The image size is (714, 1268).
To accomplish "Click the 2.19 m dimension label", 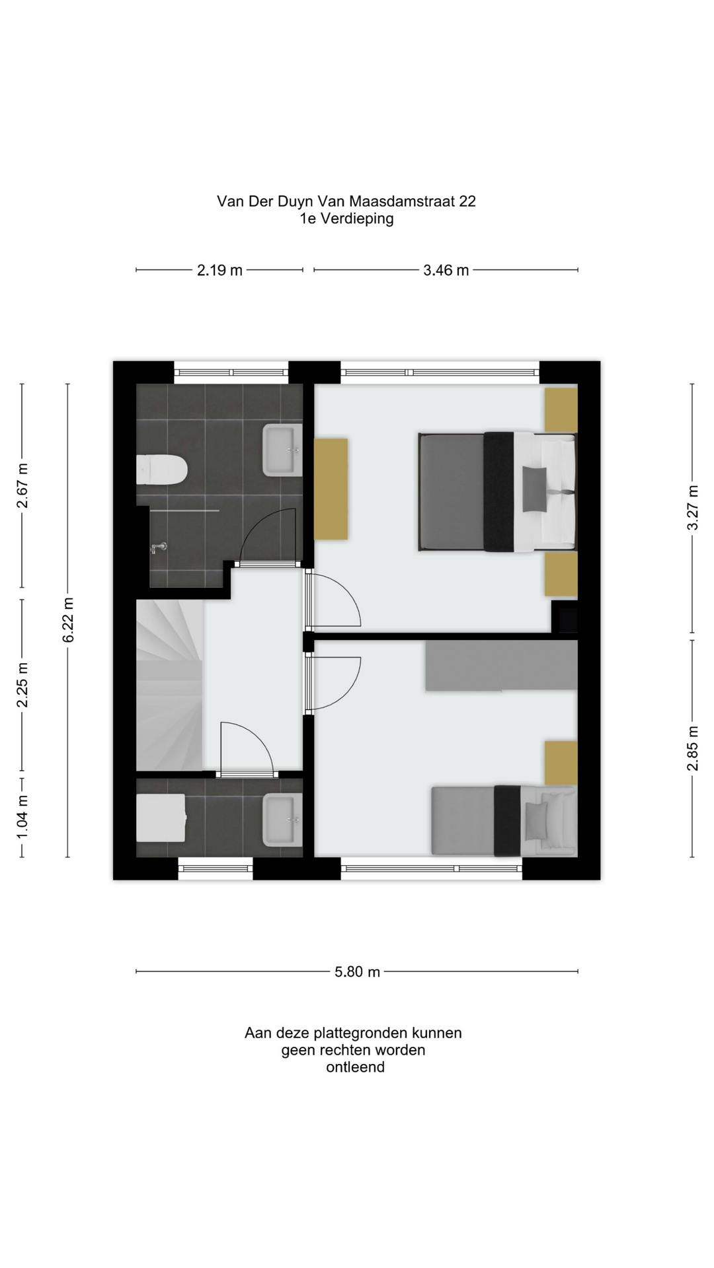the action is click(219, 270).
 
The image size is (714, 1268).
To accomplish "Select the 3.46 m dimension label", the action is click(446, 270).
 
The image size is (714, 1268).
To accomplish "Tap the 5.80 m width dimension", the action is click(357, 971).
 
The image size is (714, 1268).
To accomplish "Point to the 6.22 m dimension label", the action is click(68, 619).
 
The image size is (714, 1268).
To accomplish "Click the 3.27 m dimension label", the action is click(692, 507).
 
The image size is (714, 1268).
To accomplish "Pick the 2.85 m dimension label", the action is click(692, 748).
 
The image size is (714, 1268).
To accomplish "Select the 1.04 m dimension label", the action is click(22, 817).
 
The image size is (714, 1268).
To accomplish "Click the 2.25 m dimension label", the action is click(22, 684).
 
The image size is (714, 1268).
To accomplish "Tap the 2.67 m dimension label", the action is click(22, 486).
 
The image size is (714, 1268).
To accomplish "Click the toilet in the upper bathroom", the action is click(162, 470).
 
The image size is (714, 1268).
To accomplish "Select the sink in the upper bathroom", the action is click(282, 450).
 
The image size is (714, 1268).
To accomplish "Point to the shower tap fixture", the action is click(159, 547).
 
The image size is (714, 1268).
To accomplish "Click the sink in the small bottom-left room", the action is click(282, 820).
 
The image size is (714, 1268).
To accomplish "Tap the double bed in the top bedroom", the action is click(498, 491).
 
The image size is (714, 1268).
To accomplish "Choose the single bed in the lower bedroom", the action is click(504, 821).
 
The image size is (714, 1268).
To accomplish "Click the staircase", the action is click(169, 685).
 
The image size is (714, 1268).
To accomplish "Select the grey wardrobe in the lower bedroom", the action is click(501, 666).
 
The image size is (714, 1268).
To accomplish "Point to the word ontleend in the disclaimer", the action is click(355, 1067).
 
